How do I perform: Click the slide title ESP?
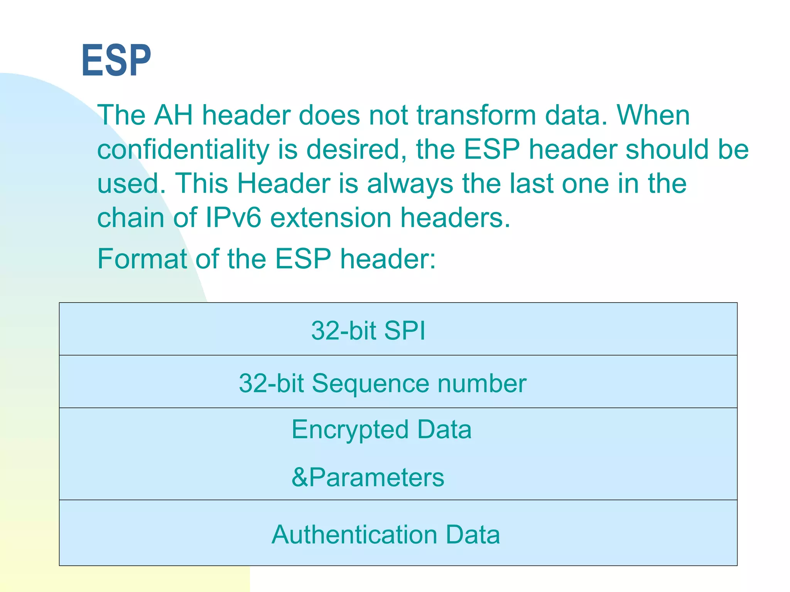coord(116,61)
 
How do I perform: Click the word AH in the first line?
coord(174,115)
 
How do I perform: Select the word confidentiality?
coord(183,150)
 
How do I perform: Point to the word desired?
coord(356,150)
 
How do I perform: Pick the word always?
coord(410,183)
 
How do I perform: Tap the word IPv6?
coord(233,218)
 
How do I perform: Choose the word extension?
coord(331,218)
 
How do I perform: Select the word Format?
coord(142,259)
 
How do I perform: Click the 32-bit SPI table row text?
coord(368,331)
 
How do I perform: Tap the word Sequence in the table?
coord(370,383)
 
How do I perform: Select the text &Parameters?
coord(368,477)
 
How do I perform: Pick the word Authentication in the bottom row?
coord(354,535)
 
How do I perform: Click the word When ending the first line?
coord(653,115)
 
